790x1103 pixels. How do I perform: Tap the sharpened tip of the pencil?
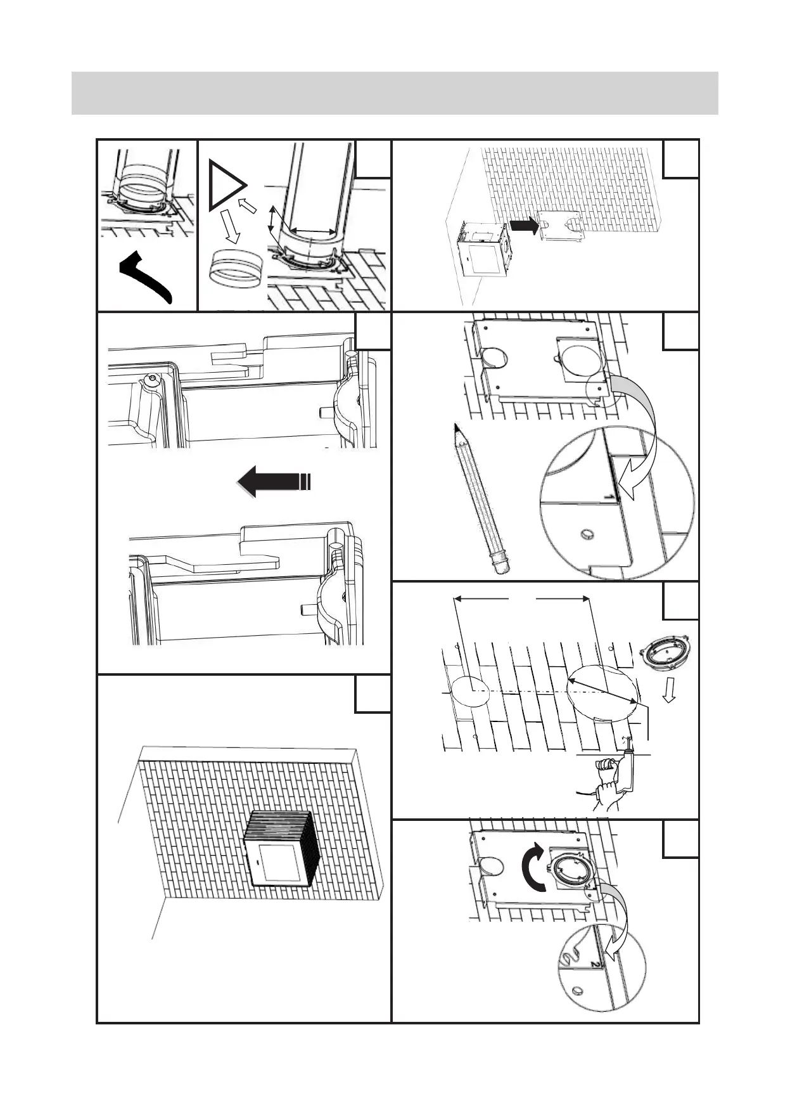[x=456, y=427]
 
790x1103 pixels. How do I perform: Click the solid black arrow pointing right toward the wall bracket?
[x=524, y=225]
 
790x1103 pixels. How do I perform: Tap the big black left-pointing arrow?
[x=272, y=481]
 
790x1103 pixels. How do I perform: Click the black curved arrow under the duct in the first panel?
[x=146, y=276]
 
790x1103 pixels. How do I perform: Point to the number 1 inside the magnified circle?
[x=610, y=497]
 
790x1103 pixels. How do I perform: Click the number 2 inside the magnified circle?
[x=594, y=964]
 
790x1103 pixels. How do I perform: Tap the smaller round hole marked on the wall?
[x=469, y=690]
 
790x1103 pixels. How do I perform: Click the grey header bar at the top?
[x=395, y=93]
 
